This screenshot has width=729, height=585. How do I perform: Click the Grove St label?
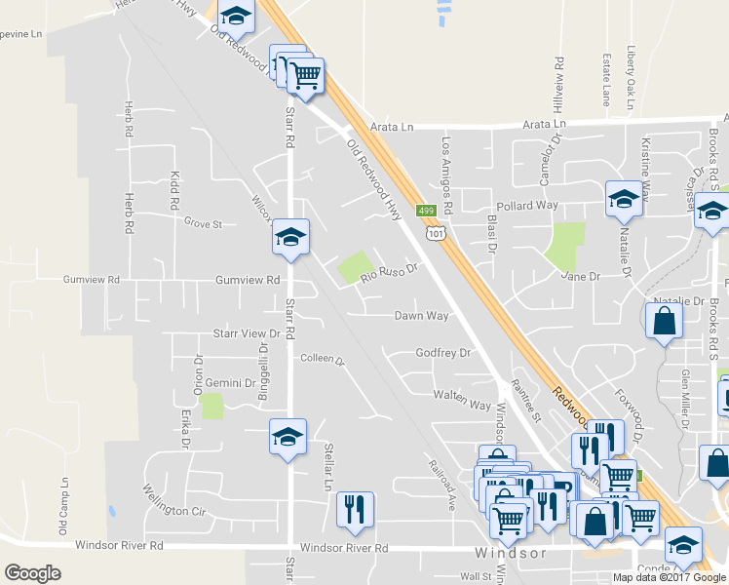pyautogui.click(x=204, y=223)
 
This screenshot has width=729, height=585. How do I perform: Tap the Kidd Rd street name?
pyautogui.click(x=175, y=192)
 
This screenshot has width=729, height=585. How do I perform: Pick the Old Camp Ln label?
pyautogui.click(x=63, y=505)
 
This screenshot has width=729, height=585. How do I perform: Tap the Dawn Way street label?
pyautogui.click(x=421, y=316)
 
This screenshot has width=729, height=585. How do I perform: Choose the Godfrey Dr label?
pyautogui.click(x=442, y=353)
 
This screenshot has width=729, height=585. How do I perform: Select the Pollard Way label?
pyautogui.click(x=526, y=206)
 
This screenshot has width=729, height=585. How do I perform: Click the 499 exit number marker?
pyautogui.click(x=426, y=211)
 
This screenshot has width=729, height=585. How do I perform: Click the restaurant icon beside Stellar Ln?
pyautogui.click(x=353, y=508)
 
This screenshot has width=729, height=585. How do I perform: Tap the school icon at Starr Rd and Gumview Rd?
pyautogui.click(x=289, y=236)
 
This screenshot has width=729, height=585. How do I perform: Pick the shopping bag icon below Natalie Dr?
pyautogui.click(x=664, y=321)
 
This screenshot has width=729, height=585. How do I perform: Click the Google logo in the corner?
pyautogui.click(x=33, y=573)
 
